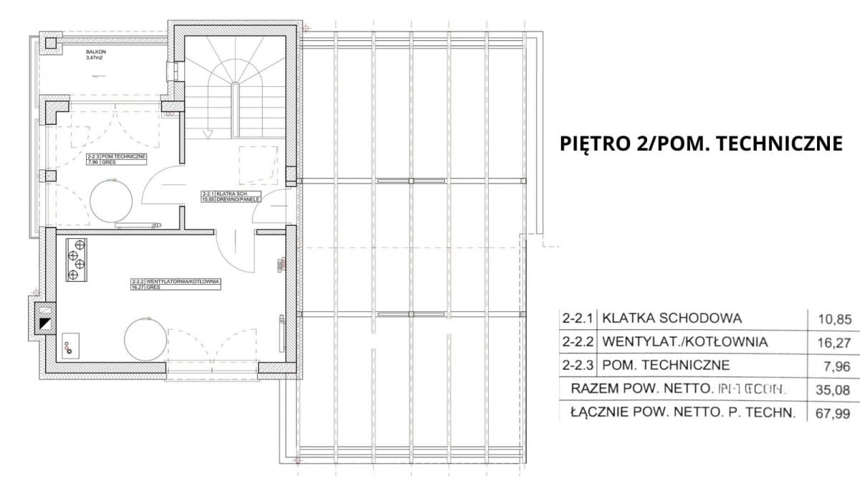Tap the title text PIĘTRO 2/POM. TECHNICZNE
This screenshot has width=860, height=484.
click(x=700, y=143)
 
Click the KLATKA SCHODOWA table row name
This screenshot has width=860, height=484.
click(x=672, y=318)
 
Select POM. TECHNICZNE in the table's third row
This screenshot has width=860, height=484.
click(x=666, y=366)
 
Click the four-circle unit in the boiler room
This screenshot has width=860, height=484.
click(x=75, y=259)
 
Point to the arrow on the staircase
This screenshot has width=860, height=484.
click(x=208, y=133)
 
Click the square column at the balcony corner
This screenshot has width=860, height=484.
click(x=50, y=43)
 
